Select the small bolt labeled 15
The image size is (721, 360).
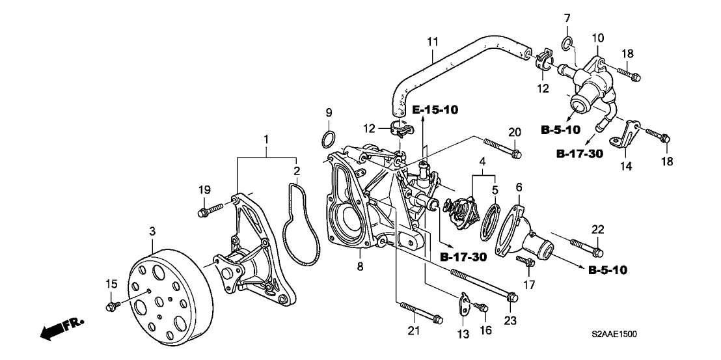[x=112, y=303]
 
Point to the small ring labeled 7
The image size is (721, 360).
[x=567, y=44]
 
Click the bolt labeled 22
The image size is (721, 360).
[x=586, y=247]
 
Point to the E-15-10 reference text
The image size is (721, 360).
[x=435, y=109]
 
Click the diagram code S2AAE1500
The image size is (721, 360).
[x=614, y=335]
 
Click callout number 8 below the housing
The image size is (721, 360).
[x=359, y=266]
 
